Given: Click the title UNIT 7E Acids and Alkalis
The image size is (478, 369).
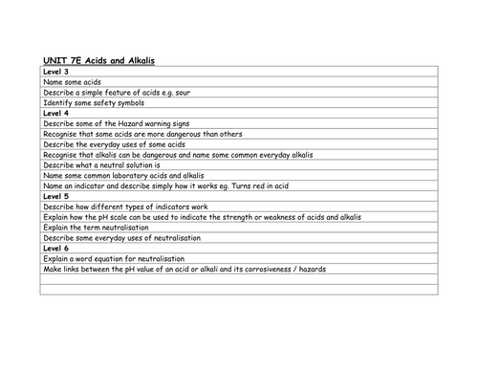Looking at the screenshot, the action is (x=99, y=60).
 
